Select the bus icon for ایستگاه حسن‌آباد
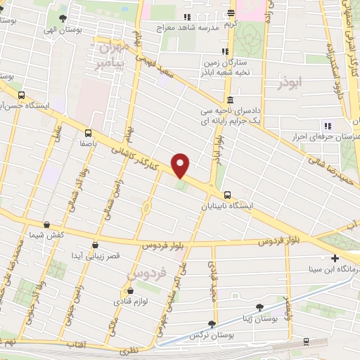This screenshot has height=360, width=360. (21, 95)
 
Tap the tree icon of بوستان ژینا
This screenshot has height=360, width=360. (261, 307)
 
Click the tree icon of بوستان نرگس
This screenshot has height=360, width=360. (211, 324)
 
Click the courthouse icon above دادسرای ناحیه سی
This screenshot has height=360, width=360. (230, 101)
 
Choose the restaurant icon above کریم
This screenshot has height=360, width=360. (231, 13)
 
